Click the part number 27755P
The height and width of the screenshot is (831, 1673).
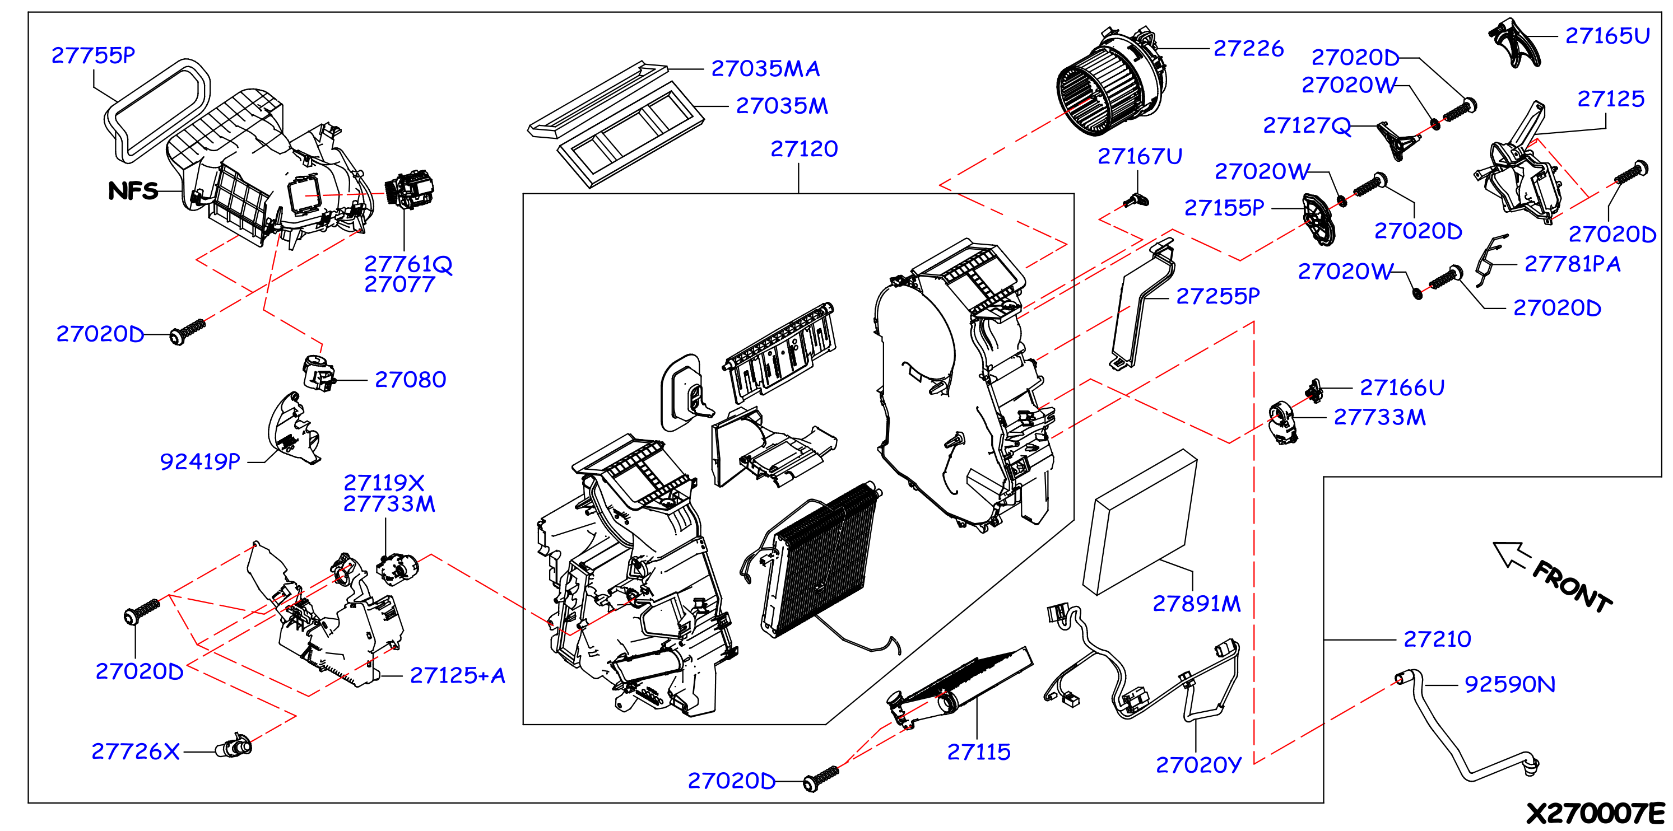[93, 55]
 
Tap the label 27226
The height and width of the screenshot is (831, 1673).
[1248, 49]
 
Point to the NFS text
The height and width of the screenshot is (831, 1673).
[133, 191]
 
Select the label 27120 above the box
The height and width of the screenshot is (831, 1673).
[804, 150]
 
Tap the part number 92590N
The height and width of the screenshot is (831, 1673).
[1510, 684]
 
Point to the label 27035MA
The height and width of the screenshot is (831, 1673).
[766, 69]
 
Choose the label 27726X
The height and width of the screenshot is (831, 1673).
[135, 752]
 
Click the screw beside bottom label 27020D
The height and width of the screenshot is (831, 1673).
[821, 778]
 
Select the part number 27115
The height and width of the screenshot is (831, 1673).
[979, 753]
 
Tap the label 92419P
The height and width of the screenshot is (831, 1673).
[200, 461]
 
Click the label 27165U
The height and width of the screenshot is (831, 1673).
[1607, 36]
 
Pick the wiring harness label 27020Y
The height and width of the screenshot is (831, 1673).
[1198, 765]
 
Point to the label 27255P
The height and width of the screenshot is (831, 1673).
[1217, 297]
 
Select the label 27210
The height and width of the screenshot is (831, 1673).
[1437, 639]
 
